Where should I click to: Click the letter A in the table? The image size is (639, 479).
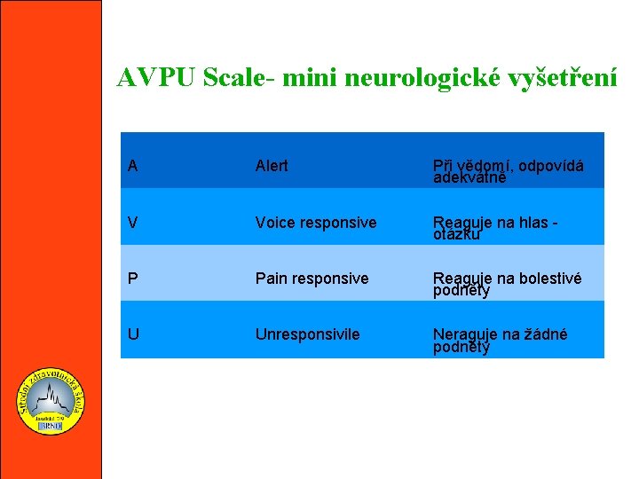click(132, 166)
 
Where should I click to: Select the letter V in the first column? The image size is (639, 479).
click(132, 223)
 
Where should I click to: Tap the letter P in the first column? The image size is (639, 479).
click(132, 279)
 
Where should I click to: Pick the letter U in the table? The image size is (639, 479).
click(132, 334)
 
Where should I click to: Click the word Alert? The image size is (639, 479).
click(272, 166)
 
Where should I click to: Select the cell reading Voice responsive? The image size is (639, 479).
click(315, 223)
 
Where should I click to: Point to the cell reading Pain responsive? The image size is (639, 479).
click(312, 279)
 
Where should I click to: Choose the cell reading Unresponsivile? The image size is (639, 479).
click(307, 334)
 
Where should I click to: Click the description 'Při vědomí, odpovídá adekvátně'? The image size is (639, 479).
click(508, 171)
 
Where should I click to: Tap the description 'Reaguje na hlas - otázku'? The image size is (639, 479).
click(494, 228)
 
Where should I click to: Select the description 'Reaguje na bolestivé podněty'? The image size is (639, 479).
click(507, 284)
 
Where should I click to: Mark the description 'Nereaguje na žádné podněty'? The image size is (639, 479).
click(500, 340)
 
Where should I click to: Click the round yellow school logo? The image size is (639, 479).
click(51, 402)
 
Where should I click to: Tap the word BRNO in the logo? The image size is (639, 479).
click(51, 427)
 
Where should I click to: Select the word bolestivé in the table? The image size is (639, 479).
click(548, 279)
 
